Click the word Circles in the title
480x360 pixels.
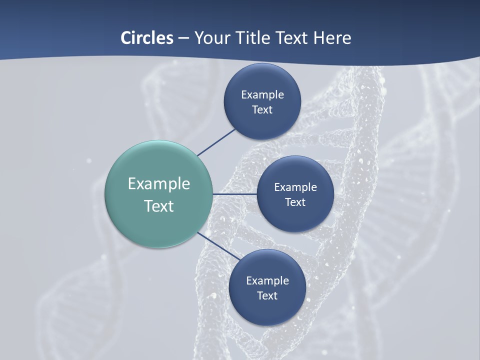146,38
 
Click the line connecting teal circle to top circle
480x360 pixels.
217,142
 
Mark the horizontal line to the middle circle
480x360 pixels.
234,194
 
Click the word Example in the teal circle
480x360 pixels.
159,184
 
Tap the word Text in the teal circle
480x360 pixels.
159,206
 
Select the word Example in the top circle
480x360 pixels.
262,94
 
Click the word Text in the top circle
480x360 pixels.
262,109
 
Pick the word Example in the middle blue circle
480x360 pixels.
295,187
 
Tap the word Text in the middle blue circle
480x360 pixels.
295,202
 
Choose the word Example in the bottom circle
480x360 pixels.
267,280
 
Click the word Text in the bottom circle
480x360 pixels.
267,295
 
